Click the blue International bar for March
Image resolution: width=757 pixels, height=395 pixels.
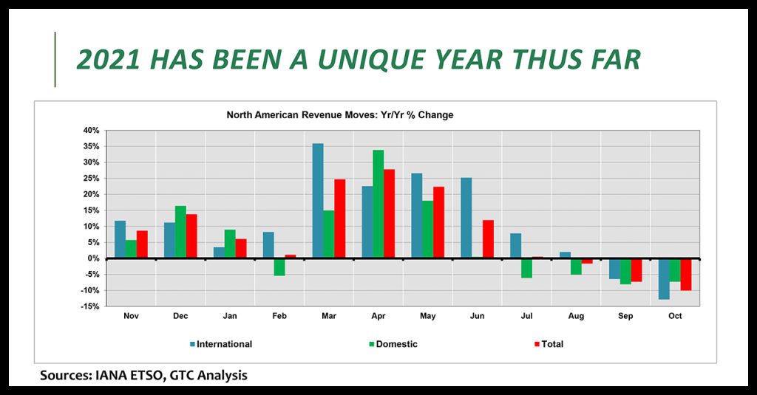pos(318,201)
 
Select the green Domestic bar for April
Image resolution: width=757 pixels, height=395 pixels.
pos(378,204)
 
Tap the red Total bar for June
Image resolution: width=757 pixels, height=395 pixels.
pos(488,239)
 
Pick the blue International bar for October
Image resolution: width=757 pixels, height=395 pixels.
pos(664,279)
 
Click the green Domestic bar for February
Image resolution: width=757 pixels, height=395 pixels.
pos(279,267)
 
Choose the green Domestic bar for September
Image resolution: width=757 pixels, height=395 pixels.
pos(625,272)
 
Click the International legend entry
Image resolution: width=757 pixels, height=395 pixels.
pos(221,344)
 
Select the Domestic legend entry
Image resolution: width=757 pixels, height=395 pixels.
pos(393,344)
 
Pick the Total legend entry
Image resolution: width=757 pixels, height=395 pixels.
pos(549,344)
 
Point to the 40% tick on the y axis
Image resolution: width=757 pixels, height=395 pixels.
pos(91,130)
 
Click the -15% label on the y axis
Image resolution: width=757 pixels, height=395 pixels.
pos(89,306)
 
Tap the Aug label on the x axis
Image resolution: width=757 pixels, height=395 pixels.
pos(576,316)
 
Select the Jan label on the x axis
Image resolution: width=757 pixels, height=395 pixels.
pos(230,316)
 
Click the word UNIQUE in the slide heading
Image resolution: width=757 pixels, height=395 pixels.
pos(372,59)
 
